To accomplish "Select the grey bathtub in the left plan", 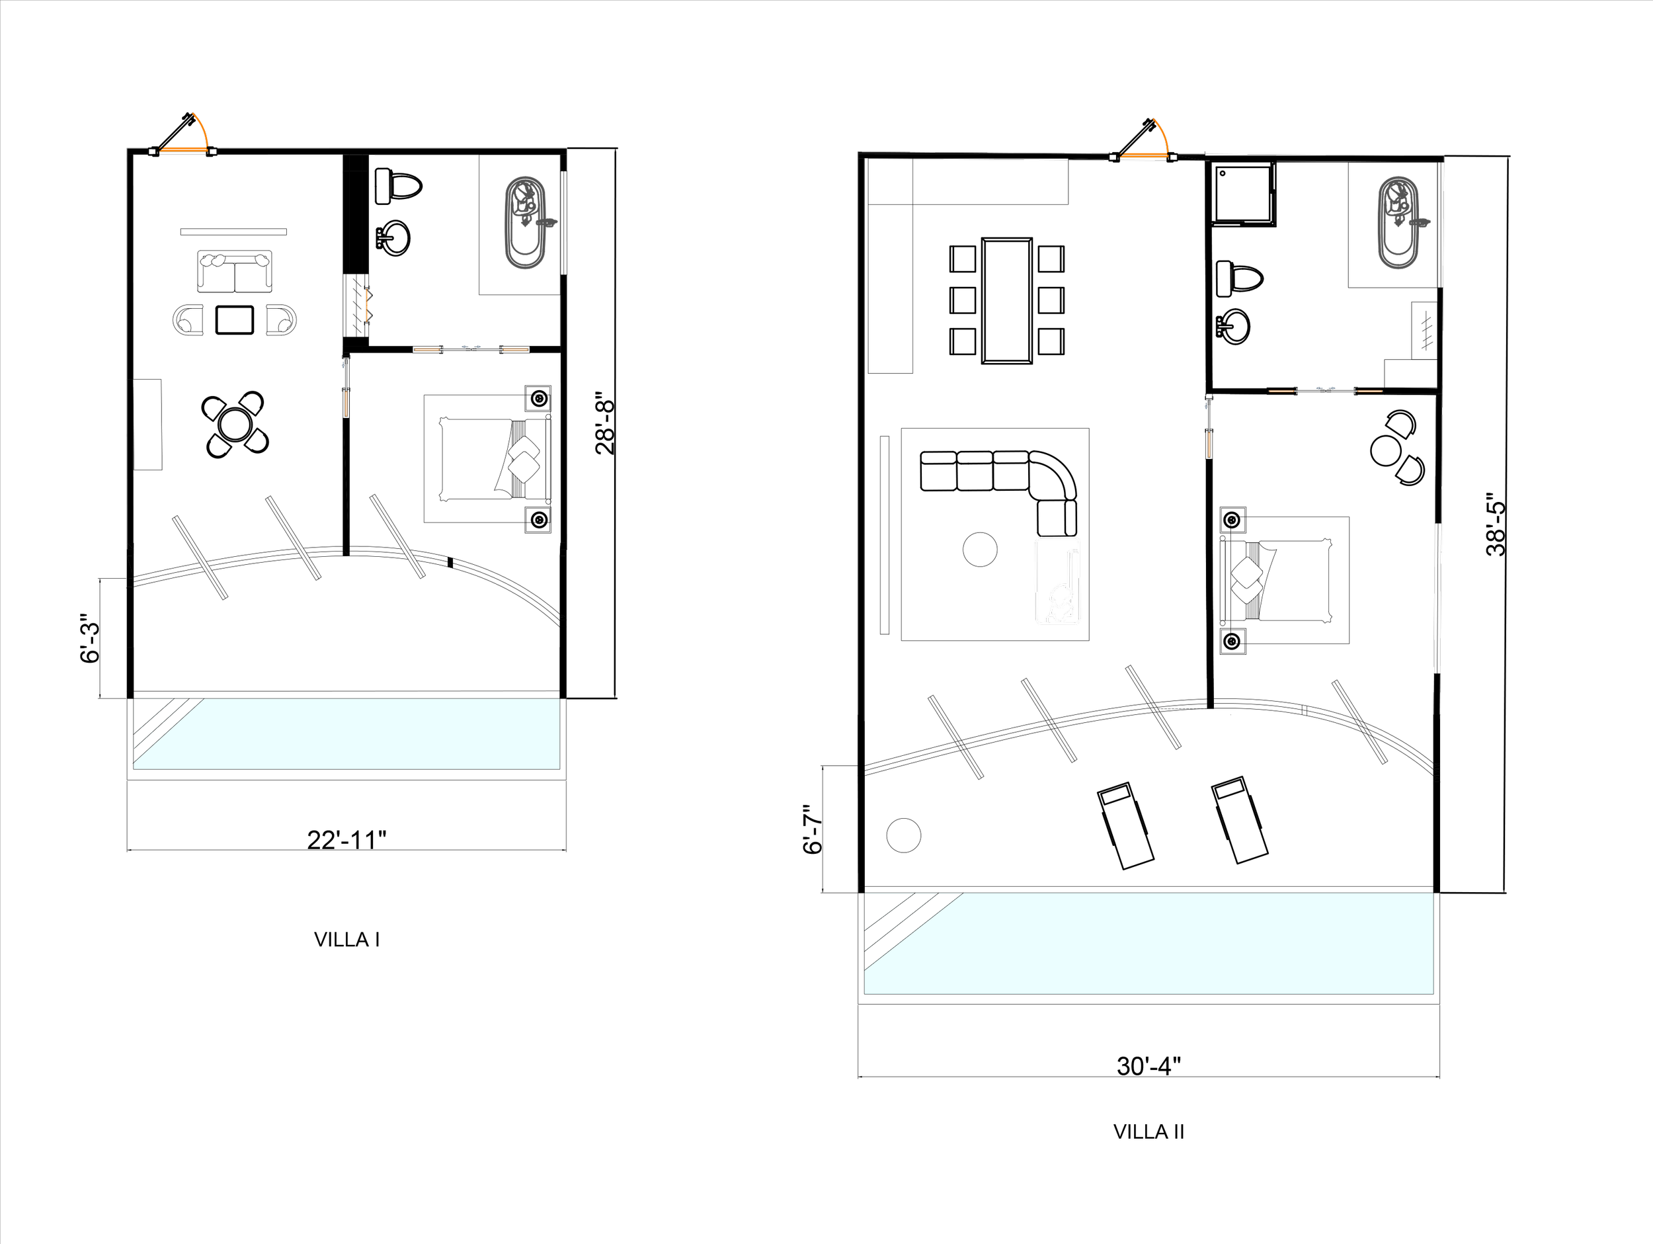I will (x=526, y=223).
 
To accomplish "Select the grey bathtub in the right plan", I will (x=1398, y=223).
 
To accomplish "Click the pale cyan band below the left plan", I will (x=374, y=734).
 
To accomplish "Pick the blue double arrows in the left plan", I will (x=471, y=347).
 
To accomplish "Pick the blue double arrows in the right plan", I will (x=1326, y=389).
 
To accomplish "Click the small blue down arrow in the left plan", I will (x=344, y=365).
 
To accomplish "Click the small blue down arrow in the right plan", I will (x=1206, y=407).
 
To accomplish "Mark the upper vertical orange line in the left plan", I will (x=367, y=305).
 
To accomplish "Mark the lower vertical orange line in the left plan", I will (x=346, y=403).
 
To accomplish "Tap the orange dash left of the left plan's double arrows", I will (x=426, y=349).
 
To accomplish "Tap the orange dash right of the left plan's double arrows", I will (x=516, y=349).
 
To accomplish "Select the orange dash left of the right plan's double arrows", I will (x=1281, y=391).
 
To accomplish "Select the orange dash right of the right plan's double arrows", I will (x=1370, y=391).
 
